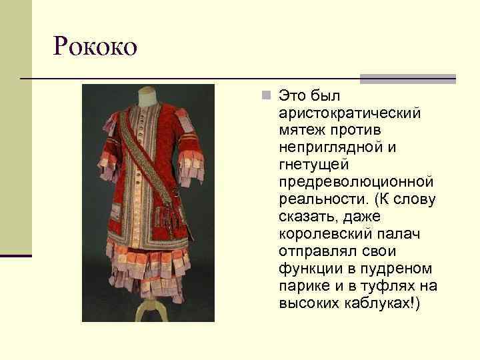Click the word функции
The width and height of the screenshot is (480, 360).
coord(310,269)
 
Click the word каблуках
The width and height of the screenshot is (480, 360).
coord(380,303)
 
